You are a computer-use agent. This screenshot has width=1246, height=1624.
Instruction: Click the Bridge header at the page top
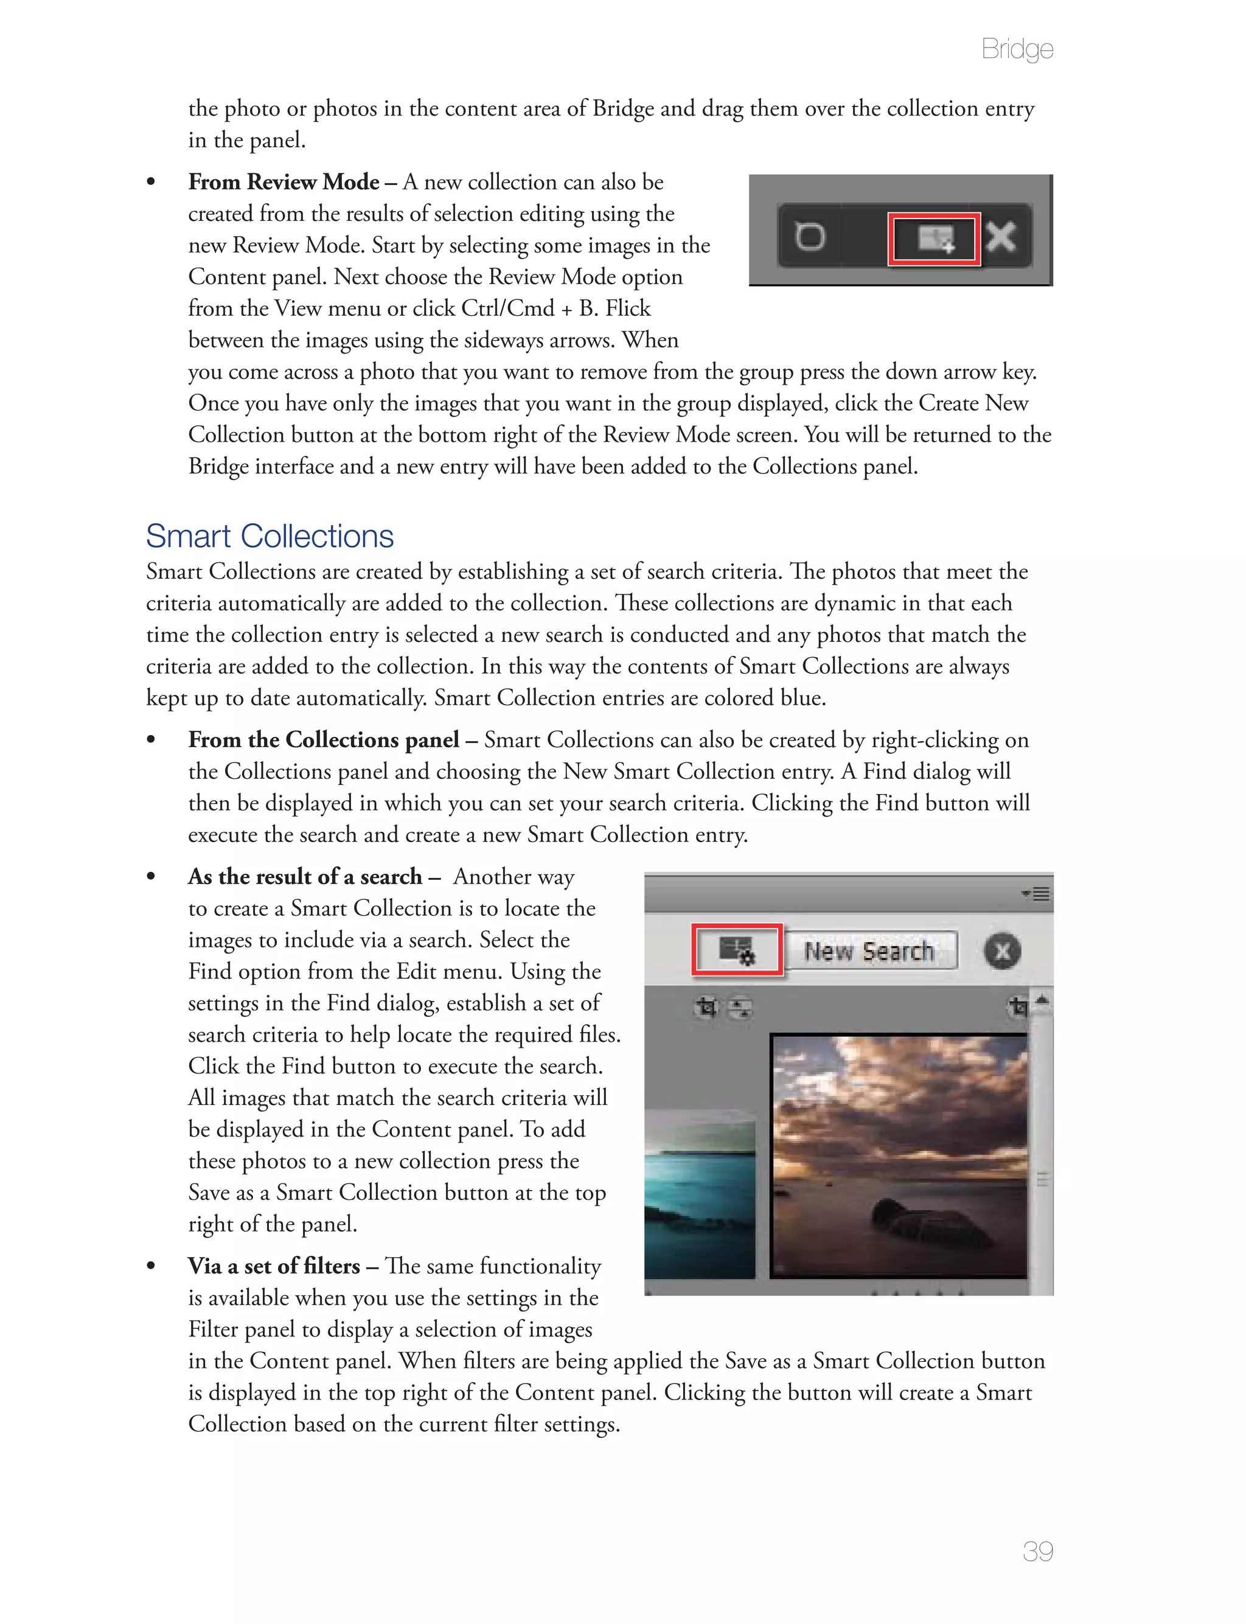(1017, 49)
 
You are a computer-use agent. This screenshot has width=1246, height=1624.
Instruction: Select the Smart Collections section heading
(270, 536)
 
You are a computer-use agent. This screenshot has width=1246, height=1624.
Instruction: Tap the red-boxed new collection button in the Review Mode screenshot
(934, 238)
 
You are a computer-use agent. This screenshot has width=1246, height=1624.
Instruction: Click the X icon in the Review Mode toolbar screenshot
(1001, 237)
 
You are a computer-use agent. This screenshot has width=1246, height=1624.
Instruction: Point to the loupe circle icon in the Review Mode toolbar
(810, 237)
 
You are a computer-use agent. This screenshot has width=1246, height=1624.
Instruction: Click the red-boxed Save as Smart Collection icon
(737, 949)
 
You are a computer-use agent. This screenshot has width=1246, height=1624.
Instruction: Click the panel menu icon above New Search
(1037, 894)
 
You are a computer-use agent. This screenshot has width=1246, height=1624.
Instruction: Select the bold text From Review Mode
(284, 183)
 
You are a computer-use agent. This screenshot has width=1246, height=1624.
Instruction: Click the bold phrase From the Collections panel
(324, 740)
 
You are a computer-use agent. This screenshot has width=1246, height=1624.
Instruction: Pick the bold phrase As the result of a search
(304, 877)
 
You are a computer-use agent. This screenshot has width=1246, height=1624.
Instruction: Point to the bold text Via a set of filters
(273, 1266)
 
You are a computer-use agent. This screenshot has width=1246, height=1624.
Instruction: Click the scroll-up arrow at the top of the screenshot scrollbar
(1042, 1001)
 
